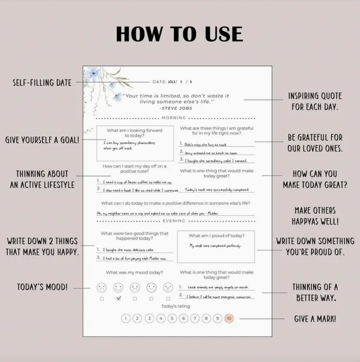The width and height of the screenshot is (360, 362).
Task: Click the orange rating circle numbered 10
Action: [x=229, y=318]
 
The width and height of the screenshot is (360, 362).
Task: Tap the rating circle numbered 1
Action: [x=126, y=318]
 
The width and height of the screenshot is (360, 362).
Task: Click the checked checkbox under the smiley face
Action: [x=119, y=298]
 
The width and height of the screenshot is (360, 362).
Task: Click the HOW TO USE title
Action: [x=180, y=34]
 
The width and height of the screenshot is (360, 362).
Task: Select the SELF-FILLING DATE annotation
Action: [x=42, y=82]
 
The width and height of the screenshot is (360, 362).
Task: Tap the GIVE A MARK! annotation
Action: [x=315, y=319]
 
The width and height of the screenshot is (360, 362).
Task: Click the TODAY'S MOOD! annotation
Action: [x=42, y=287]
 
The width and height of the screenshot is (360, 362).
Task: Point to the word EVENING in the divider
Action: [x=174, y=220]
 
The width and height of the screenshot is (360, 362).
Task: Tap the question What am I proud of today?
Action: [x=216, y=236]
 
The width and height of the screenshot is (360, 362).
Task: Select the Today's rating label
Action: [x=175, y=306]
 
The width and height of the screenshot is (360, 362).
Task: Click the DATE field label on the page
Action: [x=159, y=82]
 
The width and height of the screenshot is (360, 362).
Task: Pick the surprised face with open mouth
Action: [x=168, y=287]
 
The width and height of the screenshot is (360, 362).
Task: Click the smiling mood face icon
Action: [x=118, y=287]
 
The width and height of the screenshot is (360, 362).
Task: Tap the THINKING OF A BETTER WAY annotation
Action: [x=315, y=292]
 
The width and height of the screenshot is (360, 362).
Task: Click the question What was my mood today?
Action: [x=134, y=272]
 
